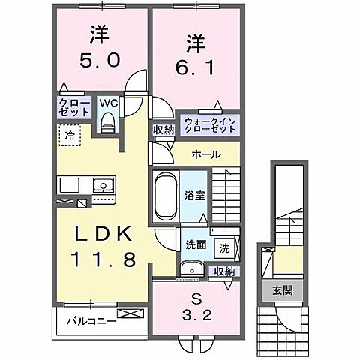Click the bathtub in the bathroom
[163, 196]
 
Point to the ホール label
[205, 154]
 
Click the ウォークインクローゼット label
[209, 124]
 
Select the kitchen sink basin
[100, 185]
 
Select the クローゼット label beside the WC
[72, 106]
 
